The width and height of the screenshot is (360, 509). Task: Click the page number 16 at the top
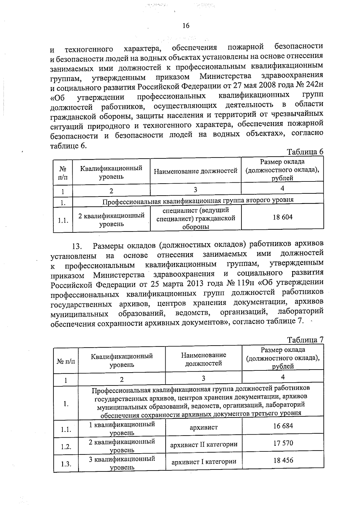coord(186,26)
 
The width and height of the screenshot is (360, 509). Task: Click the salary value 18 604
coord(282,217)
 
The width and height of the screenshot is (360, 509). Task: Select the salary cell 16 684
coord(283,426)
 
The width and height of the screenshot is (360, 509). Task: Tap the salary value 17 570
coord(283,443)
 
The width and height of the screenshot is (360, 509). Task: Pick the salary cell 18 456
coord(283,460)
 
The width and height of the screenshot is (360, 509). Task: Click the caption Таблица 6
coord(305,152)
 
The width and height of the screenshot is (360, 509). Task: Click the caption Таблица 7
coord(305,340)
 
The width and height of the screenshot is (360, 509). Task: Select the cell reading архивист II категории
coord(204,445)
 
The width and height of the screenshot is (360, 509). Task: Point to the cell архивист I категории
coord(204,462)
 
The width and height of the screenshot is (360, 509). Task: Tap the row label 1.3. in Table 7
coord(66,464)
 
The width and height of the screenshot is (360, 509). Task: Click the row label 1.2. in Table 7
coord(66,447)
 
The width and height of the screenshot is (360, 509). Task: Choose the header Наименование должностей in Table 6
coord(196,171)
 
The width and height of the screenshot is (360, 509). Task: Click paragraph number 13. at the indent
coord(77,247)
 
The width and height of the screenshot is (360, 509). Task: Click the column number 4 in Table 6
coord(282,188)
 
